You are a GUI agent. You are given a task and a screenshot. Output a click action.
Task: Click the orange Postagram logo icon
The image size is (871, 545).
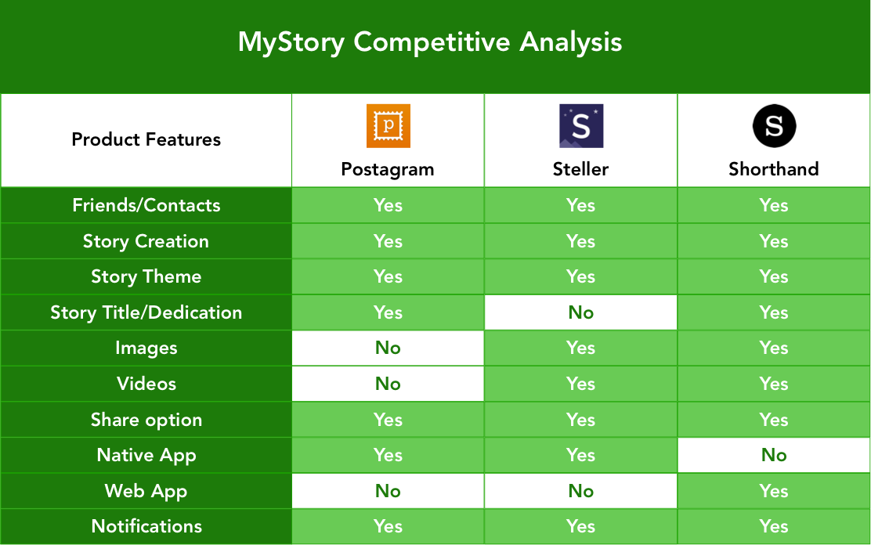[389, 125]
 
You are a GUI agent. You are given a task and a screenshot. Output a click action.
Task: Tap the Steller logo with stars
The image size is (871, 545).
[581, 125]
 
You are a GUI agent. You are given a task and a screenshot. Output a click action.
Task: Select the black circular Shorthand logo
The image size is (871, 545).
[774, 125]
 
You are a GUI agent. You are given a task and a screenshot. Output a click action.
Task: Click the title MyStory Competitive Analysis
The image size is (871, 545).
[430, 42]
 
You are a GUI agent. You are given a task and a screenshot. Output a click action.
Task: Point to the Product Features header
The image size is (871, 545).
[146, 139]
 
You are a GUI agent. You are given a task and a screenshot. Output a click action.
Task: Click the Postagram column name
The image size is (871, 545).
[388, 169]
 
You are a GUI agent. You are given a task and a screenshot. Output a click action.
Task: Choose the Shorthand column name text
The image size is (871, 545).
[774, 169]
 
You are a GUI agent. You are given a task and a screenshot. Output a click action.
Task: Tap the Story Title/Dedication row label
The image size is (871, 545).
[146, 312]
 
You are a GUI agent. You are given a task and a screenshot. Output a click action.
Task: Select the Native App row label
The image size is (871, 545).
[146, 456]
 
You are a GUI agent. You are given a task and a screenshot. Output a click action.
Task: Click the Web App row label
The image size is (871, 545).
[146, 491]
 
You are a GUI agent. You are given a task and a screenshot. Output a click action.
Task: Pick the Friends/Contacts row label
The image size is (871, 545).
[146, 206]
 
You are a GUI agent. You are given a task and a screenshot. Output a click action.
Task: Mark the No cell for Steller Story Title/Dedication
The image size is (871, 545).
[580, 312]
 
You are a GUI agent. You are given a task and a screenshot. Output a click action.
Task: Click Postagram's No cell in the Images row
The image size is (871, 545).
[388, 348]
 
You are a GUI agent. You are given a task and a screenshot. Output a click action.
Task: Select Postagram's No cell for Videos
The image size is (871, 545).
[388, 384]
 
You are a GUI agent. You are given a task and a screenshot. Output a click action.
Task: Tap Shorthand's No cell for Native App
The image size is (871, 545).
[774, 455]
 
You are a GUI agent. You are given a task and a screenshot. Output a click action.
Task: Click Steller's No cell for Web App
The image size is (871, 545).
[580, 490]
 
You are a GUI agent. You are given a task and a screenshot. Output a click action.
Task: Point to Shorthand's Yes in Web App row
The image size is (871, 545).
[774, 491]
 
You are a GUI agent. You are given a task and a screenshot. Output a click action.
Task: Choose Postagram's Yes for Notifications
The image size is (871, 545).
[388, 526]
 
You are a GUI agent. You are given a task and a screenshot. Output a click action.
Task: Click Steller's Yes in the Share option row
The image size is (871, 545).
[580, 420]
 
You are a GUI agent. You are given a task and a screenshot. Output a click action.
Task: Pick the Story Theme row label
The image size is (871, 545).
[146, 276]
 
